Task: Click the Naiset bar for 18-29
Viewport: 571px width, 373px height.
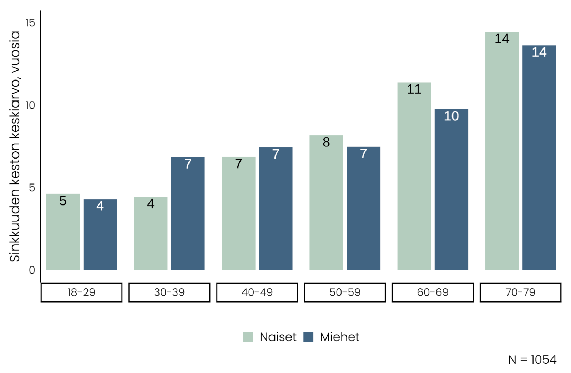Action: point(63,232)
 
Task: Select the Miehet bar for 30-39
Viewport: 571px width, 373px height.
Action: point(188,213)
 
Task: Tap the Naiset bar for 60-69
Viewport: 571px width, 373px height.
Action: point(414,176)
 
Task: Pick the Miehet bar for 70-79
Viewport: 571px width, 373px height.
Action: point(539,158)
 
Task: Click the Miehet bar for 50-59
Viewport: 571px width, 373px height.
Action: point(364,208)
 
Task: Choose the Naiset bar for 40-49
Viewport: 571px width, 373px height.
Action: point(238,213)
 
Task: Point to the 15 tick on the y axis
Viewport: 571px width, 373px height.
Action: point(30,23)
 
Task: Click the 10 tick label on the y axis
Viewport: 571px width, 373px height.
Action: point(30,105)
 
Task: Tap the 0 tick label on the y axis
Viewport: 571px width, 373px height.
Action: point(32,270)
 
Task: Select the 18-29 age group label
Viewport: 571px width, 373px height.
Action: point(81,292)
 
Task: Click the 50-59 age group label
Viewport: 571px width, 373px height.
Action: point(345,292)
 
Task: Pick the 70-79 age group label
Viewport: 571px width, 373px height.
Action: point(520,292)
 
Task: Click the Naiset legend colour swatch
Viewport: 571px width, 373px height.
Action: point(248,337)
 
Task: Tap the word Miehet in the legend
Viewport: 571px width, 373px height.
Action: point(339,337)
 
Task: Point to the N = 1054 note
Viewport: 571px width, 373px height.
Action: point(532,360)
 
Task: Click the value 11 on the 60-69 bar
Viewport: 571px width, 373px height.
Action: point(414,89)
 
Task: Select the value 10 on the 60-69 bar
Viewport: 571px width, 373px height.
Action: point(451,116)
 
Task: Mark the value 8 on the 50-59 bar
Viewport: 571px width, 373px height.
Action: point(326,142)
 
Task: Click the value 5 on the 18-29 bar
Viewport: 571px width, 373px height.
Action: point(63,201)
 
